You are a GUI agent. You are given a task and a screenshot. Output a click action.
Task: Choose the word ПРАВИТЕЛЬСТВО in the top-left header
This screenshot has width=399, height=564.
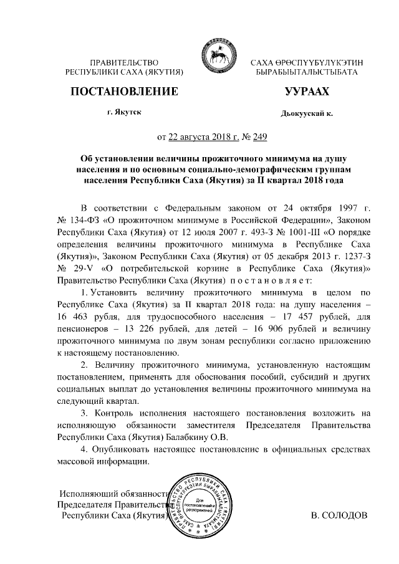123,63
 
